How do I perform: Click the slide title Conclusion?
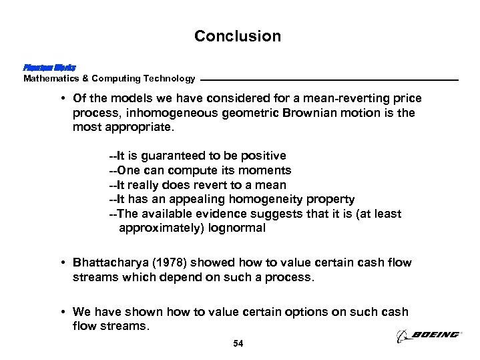pos(238,36)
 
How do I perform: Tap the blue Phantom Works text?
pos(49,68)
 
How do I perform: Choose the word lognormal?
pos(236,228)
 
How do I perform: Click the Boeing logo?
pos(428,335)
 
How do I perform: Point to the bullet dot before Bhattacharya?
pos(62,262)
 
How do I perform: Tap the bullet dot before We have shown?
pos(62,312)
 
